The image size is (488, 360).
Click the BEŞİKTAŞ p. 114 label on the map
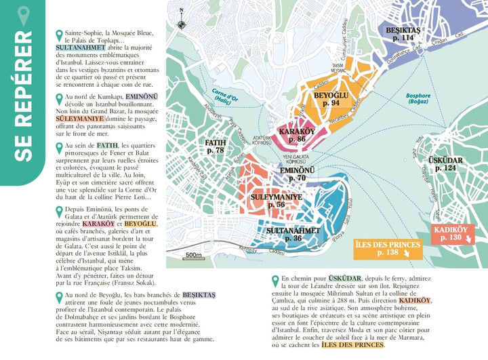(403, 34)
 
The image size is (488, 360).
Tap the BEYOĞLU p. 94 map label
(331, 99)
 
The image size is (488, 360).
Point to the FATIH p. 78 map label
(215, 146)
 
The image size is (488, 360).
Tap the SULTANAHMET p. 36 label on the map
(293, 234)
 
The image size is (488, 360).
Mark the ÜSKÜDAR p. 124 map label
(445, 163)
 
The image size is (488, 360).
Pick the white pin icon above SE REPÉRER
(24, 13)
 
